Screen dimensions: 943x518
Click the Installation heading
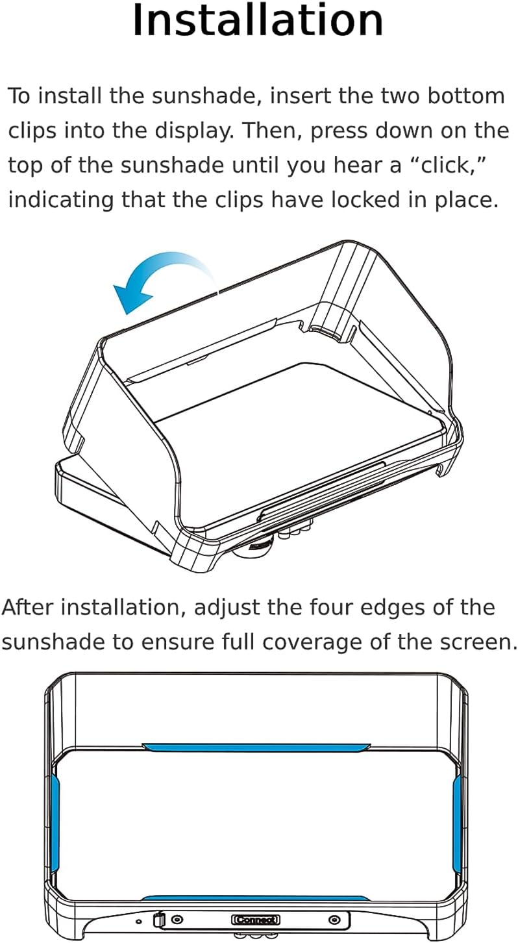coord(258,21)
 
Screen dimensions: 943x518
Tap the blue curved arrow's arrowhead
coord(129,297)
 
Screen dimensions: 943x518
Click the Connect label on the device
coord(256,920)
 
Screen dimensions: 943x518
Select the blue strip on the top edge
coord(256,748)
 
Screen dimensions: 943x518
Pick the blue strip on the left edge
coord(55,822)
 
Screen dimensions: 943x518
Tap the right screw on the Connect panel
coord(334,920)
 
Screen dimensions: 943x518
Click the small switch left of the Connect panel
coord(158,920)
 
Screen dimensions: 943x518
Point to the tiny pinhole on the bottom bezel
coord(138,921)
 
